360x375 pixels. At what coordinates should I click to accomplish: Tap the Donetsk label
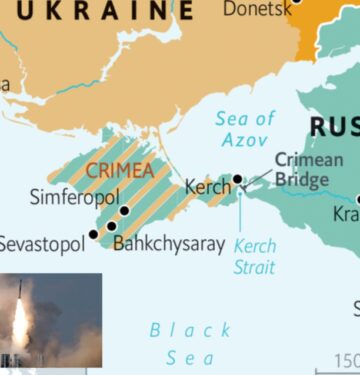(x=258, y=8)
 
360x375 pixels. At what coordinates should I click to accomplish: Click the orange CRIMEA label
(x=119, y=171)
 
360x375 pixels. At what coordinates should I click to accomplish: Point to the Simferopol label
(x=74, y=196)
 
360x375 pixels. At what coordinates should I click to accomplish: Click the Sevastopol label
(x=43, y=243)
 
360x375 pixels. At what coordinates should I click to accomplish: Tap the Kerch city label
(x=206, y=186)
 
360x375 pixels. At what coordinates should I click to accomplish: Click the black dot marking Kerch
(x=238, y=180)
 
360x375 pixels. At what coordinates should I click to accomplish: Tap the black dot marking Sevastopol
(x=93, y=234)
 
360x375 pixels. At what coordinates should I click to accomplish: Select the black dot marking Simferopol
(x=124, y=211)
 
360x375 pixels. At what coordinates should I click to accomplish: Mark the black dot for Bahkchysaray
(x=111, y=226)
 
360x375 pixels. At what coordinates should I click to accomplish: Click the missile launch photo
(x=50, y=320)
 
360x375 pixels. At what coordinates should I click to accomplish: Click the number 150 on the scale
(x=346, y=360)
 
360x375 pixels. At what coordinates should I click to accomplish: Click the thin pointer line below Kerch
(x=240, y=210)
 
